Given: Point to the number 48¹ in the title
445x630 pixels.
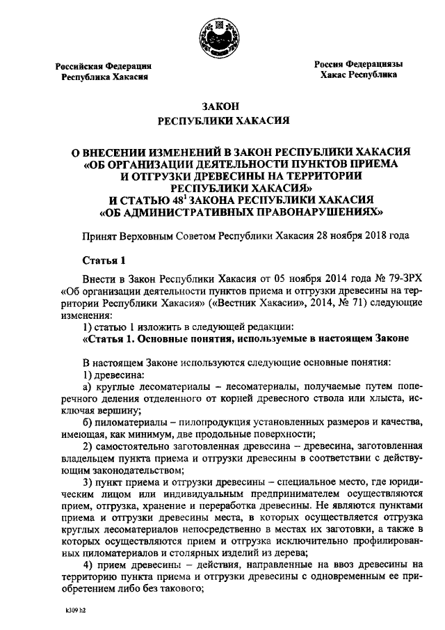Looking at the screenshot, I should (x=186, y=198).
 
